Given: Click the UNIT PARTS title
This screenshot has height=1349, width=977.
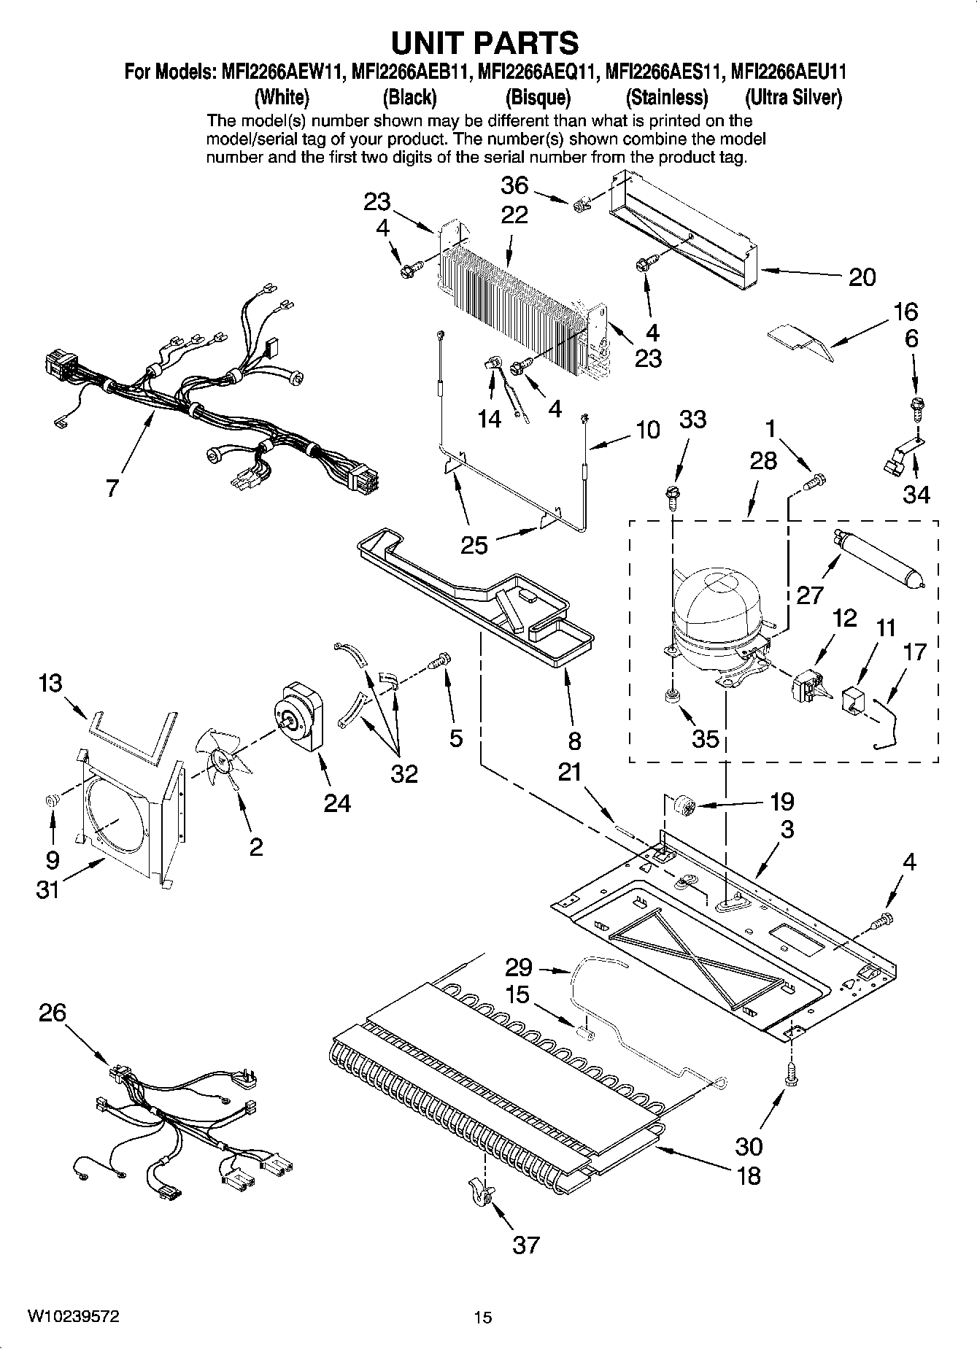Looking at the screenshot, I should point(485,43).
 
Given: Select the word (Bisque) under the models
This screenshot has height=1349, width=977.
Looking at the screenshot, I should point(538,97).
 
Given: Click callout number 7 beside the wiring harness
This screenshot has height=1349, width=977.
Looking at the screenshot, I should point(112,488).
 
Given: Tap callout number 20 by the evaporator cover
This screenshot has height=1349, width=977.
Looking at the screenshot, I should point(862,277).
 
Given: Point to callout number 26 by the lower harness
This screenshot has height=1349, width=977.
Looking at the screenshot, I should point(53,1013).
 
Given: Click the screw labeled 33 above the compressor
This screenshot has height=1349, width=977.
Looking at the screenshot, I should point(673,495).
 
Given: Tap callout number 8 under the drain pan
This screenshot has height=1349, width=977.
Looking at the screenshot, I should point(574,741).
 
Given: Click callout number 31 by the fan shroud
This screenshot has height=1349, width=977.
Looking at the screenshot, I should point(47,889).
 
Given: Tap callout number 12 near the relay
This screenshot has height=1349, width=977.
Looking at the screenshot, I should point(844,618).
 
